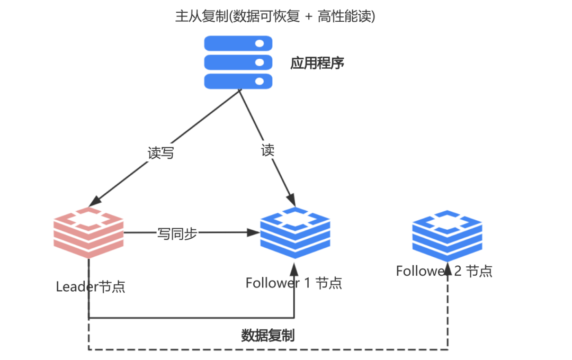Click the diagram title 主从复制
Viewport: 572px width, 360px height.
coord(202,16)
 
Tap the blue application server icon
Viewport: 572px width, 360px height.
coord(238,62)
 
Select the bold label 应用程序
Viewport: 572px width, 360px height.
coord(317,63)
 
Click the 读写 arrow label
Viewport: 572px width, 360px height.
coord(160,153)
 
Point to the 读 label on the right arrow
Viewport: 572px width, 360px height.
coord(268,150)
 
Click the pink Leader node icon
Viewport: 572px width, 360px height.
coord(88,233)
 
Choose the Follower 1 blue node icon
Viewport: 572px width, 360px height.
coord(295,233)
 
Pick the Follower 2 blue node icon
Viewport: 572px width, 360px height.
coord(447,236)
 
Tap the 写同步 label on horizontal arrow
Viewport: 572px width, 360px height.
coord(177,233)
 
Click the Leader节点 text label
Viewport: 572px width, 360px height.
coord(91,287)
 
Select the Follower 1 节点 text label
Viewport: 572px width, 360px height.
coord(293,283)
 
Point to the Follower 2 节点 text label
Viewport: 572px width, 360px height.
coord(444,271)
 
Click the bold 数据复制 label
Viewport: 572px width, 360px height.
coord(268,335)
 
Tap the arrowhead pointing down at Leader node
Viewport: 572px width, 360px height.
coord(95,201)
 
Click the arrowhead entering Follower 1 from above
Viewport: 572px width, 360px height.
coord(291,200)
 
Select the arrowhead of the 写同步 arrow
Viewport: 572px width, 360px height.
coord(253,232)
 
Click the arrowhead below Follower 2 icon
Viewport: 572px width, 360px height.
coord(448,269)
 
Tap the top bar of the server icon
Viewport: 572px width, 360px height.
coord(238,43)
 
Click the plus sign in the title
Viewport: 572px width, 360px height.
coord(309,17)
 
